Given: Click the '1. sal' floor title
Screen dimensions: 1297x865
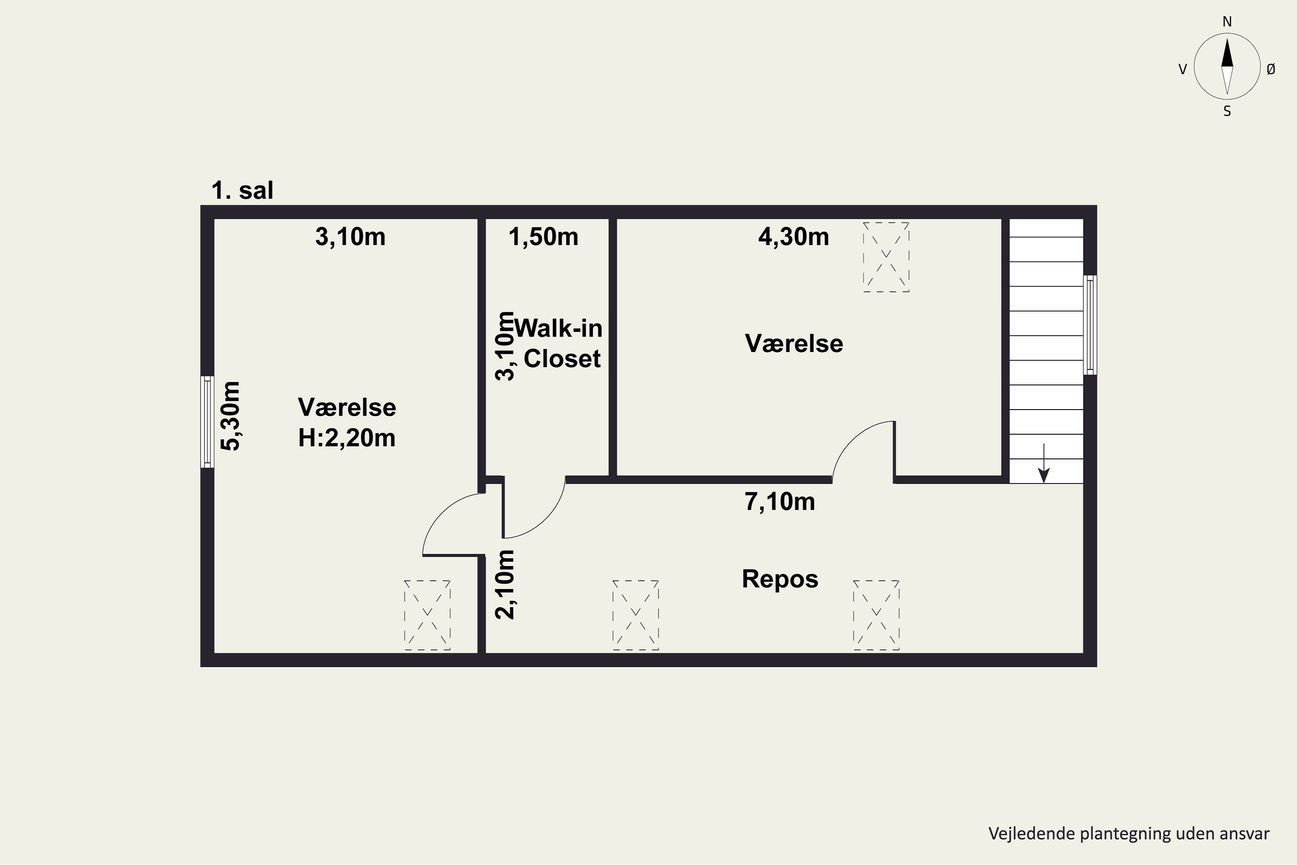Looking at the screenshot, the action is pos(242,190).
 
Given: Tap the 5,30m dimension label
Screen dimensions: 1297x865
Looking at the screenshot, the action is pos(231,416).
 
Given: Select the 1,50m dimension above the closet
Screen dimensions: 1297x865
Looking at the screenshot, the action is pos(543,237).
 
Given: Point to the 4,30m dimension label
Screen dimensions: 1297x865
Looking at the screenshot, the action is pos(793,237).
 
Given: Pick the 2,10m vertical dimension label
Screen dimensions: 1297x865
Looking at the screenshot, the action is pos(505,585).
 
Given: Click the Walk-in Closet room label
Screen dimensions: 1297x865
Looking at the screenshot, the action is pos(558,343).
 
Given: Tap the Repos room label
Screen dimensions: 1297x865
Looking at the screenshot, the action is pos(780,579).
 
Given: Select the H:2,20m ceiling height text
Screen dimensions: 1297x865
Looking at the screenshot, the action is pos(347,439).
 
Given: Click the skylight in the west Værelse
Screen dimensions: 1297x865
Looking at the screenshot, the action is pos(428,615).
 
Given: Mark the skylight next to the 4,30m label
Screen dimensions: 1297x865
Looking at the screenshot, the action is pos(886,257).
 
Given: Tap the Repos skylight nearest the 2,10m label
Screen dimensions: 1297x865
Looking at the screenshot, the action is pos(635,615).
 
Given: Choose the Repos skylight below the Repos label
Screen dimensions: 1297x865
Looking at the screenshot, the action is pos(876,615).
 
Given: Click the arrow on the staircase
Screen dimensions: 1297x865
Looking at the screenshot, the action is pos(1043,463).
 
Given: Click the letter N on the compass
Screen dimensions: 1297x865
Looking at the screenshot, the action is pos(1227,22).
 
